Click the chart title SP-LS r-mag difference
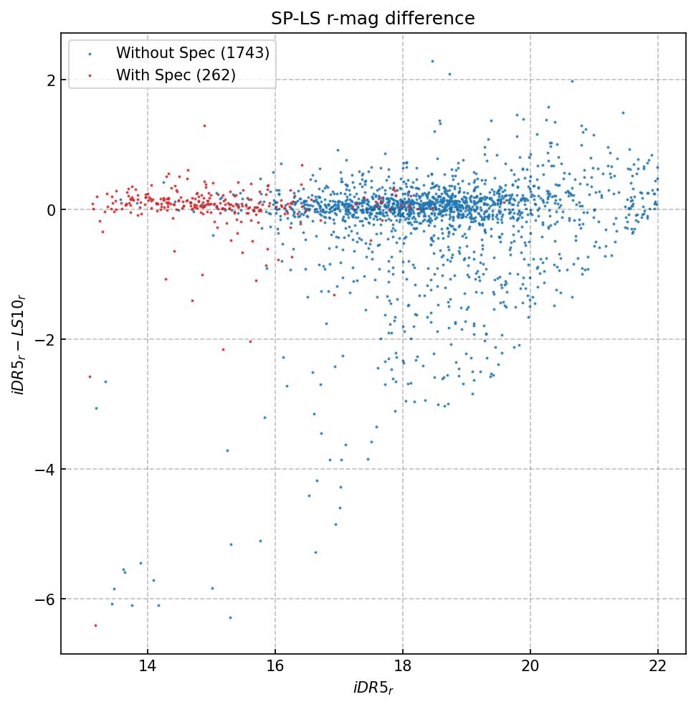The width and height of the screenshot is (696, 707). point(373,19)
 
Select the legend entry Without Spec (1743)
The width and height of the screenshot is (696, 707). point(192,53)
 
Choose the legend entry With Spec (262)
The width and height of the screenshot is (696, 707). point(176,75)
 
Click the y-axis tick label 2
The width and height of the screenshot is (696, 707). point(52,80)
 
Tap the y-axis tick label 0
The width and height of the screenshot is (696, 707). point(52,210)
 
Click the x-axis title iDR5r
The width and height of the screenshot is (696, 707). point(373,689)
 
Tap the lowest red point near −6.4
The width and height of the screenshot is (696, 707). point(95,625)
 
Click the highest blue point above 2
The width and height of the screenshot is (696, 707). point(432,61)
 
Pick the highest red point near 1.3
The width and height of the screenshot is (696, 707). point(204,125)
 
